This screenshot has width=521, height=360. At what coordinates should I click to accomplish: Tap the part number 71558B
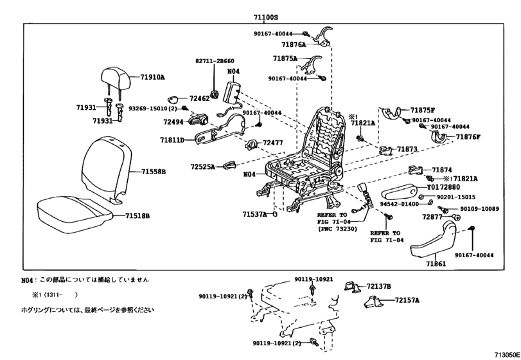(x=154, y=172)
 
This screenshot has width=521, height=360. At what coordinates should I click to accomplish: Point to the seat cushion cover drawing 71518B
(x=71, y=206)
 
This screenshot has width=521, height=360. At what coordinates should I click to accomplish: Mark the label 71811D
(x=172, y=139)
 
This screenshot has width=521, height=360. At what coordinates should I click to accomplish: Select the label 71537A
(x=254, y=214)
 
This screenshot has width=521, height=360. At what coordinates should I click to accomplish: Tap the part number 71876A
(x=294, y=46)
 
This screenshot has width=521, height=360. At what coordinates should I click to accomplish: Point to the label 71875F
(x=423, y=111)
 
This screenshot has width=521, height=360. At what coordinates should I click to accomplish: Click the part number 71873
(x=407, y=149)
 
